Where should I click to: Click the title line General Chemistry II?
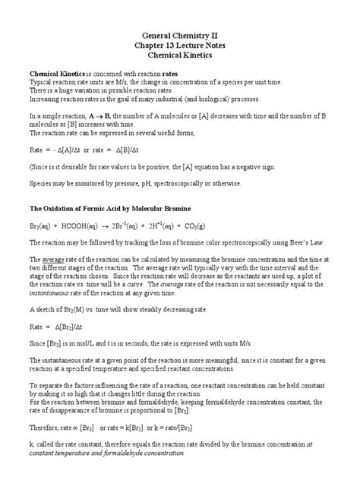click(180, 36)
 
